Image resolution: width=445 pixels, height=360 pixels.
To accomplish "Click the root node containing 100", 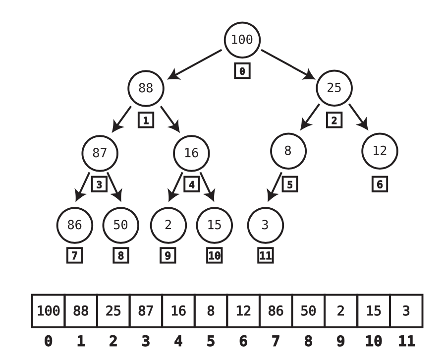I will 242,40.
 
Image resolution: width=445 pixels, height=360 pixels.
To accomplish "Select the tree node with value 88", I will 146,88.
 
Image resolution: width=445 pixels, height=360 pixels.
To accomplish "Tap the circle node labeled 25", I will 334,88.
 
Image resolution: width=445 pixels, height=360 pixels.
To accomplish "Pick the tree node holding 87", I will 100,152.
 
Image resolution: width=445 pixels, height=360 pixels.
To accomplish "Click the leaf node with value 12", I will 380,151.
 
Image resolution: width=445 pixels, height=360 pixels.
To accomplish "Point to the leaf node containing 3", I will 265,225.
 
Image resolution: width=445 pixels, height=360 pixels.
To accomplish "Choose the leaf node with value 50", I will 120,225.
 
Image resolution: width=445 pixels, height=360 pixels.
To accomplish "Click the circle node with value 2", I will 168,225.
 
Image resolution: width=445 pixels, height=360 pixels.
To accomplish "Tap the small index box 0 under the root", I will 242,71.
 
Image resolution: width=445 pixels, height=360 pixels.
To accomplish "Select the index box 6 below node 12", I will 380,184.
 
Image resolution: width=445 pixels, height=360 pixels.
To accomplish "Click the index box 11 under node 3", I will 265,256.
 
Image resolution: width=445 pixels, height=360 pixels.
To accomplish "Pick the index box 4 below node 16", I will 192,184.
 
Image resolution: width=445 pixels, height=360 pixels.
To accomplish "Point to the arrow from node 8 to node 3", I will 275,187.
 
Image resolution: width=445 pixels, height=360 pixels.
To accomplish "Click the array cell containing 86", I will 276,311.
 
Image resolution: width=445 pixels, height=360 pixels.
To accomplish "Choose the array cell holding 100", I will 48,311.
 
